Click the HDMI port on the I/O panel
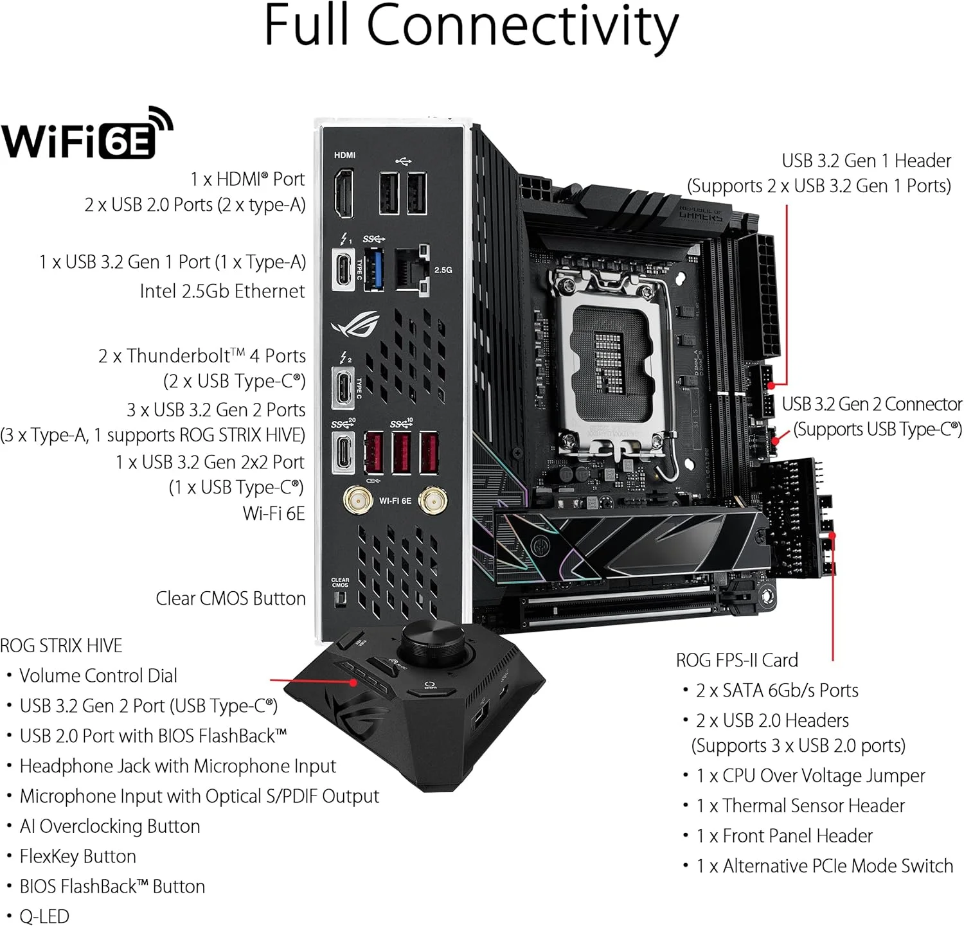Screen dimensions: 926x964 tap(343, 193)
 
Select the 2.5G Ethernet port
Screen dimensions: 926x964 tap(411, 270)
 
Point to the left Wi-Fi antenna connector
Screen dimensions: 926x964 tap(357, 500)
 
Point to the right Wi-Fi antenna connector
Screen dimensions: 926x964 tap(433, 500)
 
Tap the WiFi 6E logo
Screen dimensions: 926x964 tap(87, 135)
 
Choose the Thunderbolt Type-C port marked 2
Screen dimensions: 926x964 tap(343, 387)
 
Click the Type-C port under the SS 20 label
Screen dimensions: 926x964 tap(343, 452)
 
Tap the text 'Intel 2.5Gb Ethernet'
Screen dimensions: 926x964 tap(222, 291)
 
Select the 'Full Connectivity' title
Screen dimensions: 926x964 tap(471, 26)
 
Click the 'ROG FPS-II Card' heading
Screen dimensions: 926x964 tap(736, 660)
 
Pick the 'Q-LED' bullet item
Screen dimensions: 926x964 tap(44, 916)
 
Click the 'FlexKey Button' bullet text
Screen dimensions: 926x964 tap(78, 856)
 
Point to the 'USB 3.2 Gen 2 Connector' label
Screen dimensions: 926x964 tap(871, 404)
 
